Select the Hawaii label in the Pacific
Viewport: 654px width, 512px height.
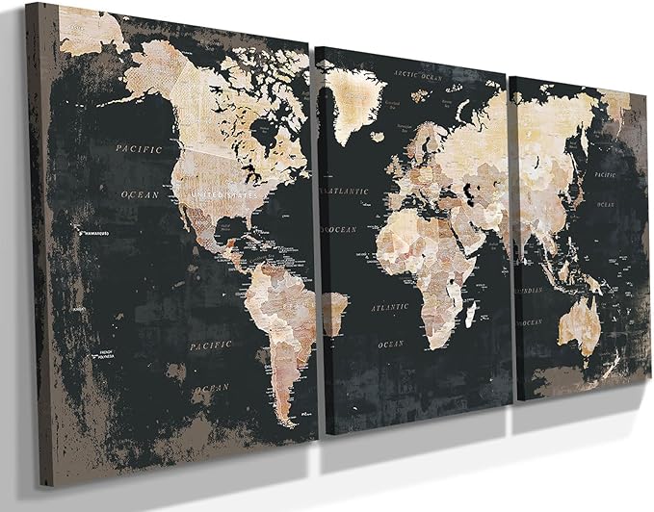pos(92,232)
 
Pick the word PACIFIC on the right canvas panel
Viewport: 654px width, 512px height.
pos(605,175)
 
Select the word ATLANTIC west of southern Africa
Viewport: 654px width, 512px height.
pos(391,308)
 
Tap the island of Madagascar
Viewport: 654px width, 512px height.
pos(471,313)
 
